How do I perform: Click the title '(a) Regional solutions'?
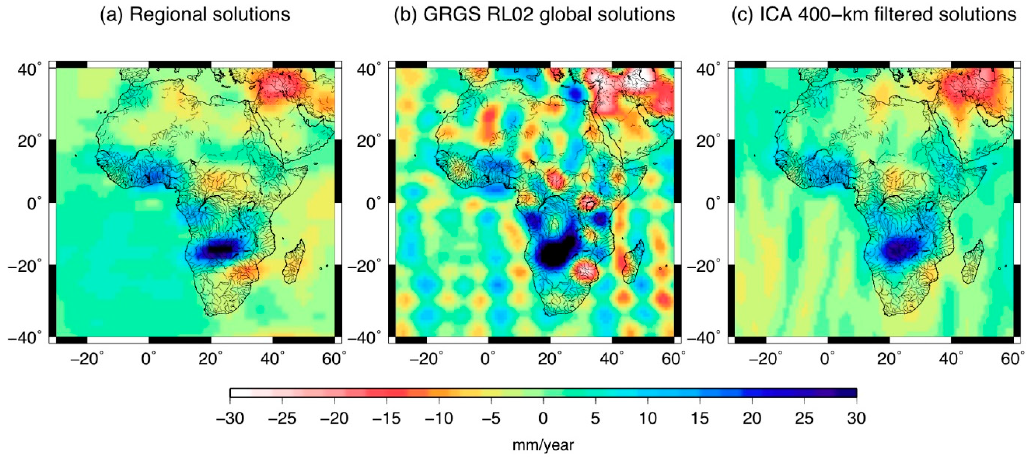[x=195, y=15]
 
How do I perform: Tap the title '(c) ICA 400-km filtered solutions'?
[x=874, y=15]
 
